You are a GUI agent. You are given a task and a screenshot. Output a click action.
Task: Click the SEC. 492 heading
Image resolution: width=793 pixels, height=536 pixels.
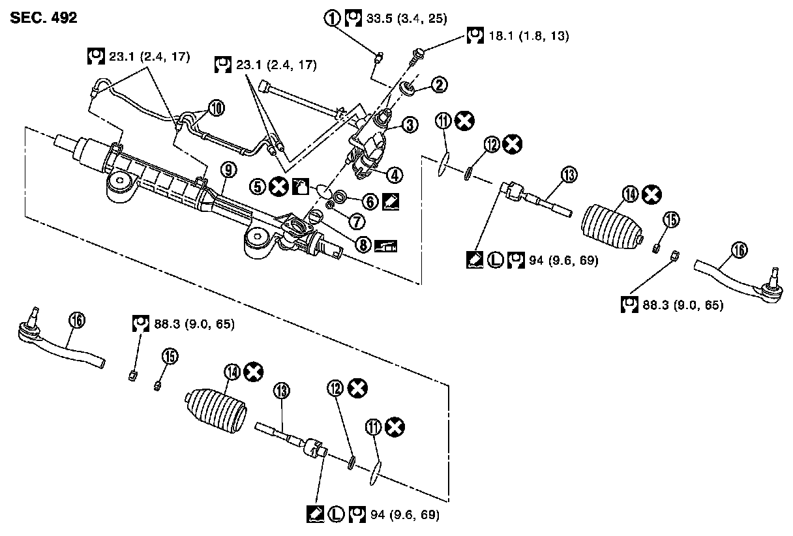[44, 18]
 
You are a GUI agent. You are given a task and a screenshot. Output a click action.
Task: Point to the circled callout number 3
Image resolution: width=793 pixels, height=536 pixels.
[410, 125]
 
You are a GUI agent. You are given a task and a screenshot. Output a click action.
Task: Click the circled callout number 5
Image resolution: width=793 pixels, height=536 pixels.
[259, 187]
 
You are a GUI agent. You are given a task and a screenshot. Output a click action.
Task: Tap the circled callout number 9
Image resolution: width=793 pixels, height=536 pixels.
[227, 169]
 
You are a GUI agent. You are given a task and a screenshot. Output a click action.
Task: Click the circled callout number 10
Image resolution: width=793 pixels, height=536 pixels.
[216, 108]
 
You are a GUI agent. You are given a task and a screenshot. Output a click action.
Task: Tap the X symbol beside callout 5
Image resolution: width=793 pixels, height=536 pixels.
[278, 187]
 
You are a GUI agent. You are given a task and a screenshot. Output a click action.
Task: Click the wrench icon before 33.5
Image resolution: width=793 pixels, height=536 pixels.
[353, 18]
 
